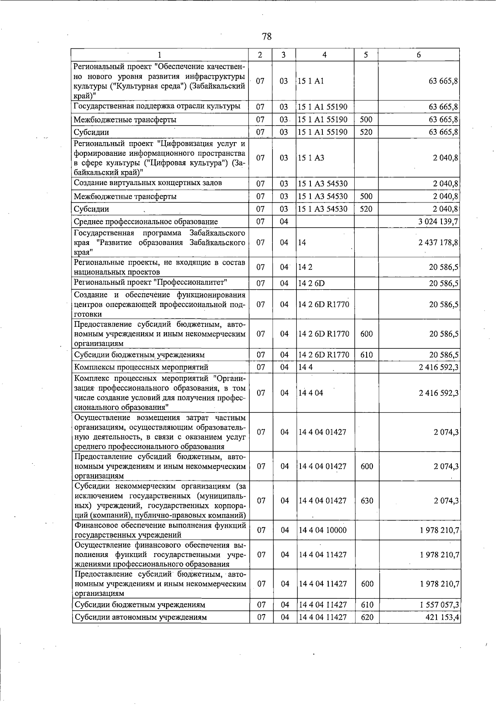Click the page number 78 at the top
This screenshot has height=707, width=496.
click(267, 36)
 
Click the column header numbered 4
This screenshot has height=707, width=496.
click(324, 55)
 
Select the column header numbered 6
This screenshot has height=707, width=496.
click(418, 55)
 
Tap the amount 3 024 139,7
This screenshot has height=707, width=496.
click(438, 221)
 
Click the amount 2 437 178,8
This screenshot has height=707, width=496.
click(438, 243)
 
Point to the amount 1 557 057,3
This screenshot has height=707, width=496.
click(439, 605)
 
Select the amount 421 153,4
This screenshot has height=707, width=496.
click(442, 617)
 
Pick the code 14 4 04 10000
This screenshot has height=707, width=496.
click(322, 530)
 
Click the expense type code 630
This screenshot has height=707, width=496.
click(367, 501)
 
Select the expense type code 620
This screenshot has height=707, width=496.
click(367, 617)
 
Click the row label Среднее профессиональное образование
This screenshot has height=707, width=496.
click(145, 222)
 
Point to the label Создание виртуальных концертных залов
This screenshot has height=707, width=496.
click(148, 183)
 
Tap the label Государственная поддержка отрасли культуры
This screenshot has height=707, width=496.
click(157, 106)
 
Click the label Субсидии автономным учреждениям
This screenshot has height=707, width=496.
click(141, 617)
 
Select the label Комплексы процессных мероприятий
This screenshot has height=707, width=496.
click(141, 367)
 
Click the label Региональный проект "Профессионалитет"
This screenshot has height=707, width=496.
click(151, 283)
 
